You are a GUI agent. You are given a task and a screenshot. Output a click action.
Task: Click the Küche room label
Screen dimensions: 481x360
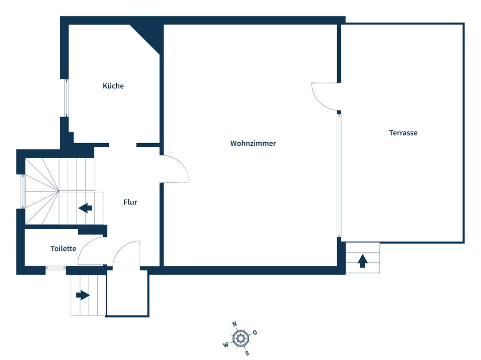[113, 86]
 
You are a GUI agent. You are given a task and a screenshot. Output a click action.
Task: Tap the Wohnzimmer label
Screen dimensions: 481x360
[253, 143]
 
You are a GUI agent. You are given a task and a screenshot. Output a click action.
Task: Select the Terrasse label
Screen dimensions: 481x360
[403, 133]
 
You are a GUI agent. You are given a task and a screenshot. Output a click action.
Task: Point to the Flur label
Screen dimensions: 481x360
[130, 202]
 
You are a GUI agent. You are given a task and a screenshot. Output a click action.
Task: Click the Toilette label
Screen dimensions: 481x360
[63, 248]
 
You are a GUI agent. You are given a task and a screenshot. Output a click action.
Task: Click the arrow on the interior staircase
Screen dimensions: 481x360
[85, 208]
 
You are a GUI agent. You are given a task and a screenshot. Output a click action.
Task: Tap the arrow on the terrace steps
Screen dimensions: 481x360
[363, 261]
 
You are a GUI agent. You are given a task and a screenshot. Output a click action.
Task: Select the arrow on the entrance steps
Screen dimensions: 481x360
[83, 295]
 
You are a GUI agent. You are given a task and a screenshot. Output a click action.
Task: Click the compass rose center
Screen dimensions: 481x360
[240, 338]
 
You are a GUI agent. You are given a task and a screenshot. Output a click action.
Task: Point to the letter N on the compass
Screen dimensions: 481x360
[234, 324]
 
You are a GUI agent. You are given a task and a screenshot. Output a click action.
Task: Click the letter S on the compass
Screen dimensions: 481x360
[247, 353]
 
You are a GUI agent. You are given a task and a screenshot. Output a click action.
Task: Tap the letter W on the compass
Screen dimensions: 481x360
[226, 345]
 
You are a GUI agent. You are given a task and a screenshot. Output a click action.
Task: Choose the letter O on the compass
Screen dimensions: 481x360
[255, 332]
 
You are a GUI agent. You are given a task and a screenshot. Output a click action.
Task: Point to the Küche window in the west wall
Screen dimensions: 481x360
[66, 98]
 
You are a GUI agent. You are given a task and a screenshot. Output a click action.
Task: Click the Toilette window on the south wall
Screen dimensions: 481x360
[56, 268]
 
